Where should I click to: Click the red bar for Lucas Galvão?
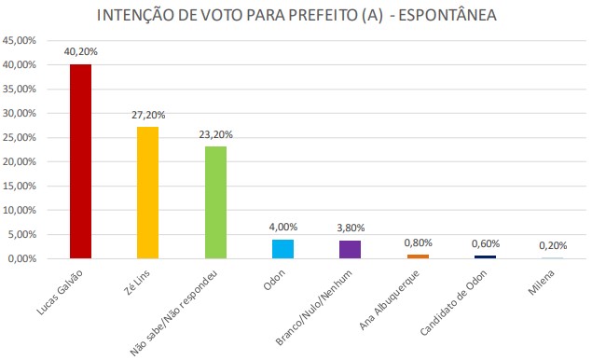80,161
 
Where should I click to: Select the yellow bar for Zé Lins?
147,193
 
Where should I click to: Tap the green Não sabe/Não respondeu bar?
215,202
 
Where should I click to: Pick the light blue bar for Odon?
282,249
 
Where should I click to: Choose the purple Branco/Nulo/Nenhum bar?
350,249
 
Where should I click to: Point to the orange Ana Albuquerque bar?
418,256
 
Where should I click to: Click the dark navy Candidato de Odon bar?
485,256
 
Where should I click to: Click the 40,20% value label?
81,51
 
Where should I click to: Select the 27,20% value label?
148,115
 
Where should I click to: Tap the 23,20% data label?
216,135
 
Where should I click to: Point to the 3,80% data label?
351,228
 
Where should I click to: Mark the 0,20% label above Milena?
553,246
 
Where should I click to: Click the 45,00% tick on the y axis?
20,40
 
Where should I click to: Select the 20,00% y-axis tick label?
20,161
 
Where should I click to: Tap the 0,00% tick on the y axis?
21,258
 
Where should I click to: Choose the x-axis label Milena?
541,283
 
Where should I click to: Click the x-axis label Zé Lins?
137,283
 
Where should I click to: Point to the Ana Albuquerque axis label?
390,300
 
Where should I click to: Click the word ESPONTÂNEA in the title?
447,16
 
